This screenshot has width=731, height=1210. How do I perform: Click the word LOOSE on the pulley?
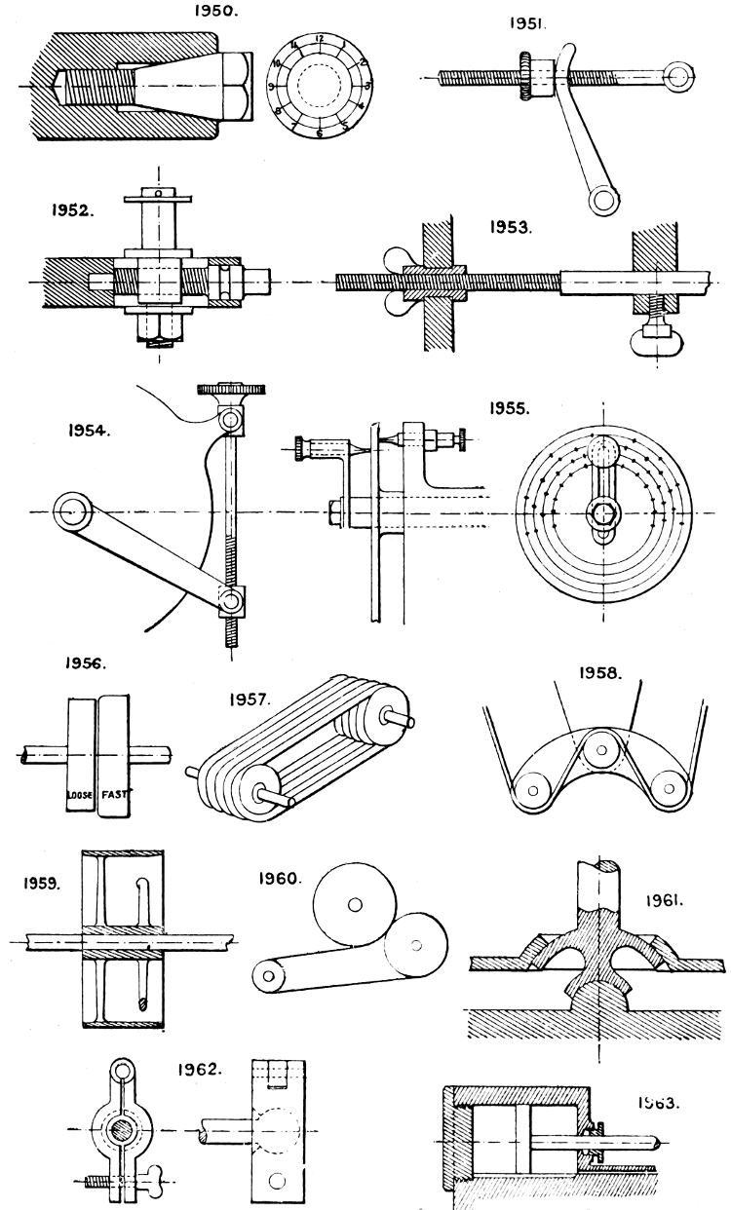pyautogui.click(x=80, y=795)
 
